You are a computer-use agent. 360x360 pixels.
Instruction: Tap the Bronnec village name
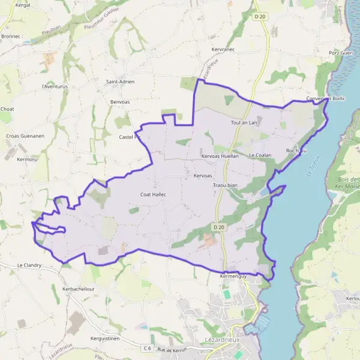tap(11, 36)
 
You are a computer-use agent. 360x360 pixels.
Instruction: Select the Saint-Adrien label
tap(120, 82)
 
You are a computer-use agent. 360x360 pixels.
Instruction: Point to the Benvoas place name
tap(120, 102)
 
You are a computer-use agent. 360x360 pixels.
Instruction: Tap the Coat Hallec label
tap(153, 194)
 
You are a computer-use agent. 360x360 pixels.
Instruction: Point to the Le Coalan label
tap(260, 155)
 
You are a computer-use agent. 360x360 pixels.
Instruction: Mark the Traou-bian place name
tap(226, 186)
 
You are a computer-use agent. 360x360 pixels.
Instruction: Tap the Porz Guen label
tap(341, 53)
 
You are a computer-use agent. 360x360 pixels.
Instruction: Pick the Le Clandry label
tap(29, 265)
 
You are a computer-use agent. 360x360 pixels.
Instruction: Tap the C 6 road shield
tap(147, 348)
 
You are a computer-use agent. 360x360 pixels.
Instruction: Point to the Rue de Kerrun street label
tap(172, 350)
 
